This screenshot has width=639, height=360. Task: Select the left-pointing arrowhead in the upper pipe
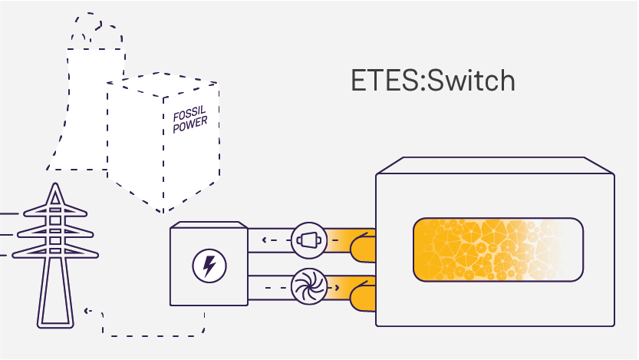point(264,241)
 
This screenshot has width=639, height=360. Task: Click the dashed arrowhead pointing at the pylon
point(87,311)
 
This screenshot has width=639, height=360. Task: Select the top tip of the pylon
point(55,185)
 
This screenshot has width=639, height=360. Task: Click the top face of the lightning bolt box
point(209,226)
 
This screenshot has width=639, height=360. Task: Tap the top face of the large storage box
point(496,165)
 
